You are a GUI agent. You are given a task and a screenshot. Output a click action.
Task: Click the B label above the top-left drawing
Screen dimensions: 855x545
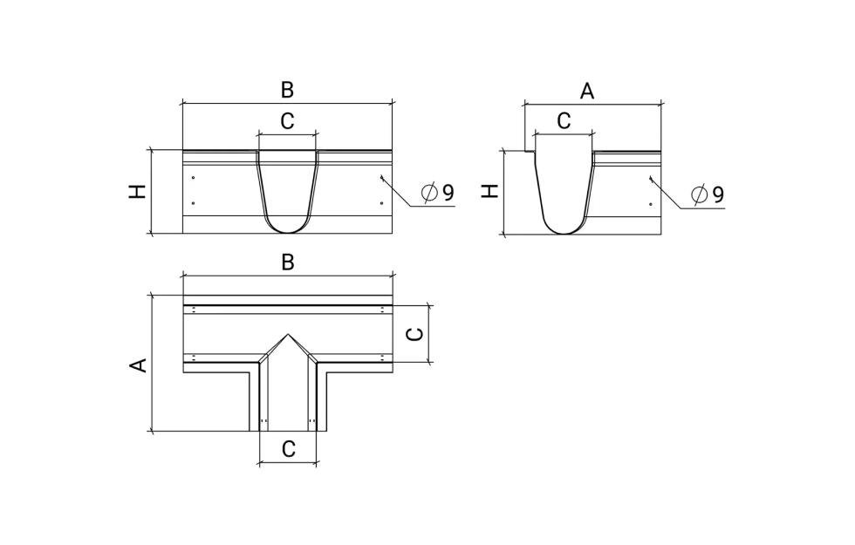287,89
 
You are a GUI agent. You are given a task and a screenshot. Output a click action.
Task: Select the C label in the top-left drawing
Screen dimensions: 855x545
287,121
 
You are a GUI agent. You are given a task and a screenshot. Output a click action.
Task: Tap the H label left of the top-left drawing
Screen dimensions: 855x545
138,191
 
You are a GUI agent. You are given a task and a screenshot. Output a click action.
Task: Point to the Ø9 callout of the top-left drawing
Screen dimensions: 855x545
437,193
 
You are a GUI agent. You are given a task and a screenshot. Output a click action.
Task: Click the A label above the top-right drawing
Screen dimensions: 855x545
586,91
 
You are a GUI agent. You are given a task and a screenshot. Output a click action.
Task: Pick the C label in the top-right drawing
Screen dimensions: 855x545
564,121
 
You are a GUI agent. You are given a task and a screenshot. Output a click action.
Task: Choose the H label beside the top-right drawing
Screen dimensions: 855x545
490,191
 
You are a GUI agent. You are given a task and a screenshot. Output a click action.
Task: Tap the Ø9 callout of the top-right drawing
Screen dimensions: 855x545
708,194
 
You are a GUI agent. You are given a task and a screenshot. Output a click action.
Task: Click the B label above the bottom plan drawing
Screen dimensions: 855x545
288,262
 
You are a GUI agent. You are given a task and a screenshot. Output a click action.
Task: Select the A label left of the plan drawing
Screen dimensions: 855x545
139,365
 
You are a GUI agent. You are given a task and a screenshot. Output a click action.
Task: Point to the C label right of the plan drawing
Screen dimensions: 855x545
415,333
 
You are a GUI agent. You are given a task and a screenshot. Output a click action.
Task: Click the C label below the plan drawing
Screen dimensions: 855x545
289,449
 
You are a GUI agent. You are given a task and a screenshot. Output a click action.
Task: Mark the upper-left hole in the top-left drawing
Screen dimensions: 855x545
193,177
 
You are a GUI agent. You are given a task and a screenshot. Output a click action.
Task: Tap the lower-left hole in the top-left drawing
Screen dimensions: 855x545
193,203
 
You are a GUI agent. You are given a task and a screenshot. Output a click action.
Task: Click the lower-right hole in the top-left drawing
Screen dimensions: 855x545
381,203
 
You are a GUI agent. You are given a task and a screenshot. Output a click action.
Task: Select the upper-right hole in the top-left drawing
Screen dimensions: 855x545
381,177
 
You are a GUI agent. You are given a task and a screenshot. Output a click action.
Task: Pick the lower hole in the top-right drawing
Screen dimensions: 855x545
651,204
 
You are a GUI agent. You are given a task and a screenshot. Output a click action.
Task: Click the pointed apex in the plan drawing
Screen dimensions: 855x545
288,333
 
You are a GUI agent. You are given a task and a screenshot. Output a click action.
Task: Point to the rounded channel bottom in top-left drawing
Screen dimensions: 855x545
288,232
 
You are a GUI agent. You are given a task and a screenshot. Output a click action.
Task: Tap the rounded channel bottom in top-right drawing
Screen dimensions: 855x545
565,233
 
